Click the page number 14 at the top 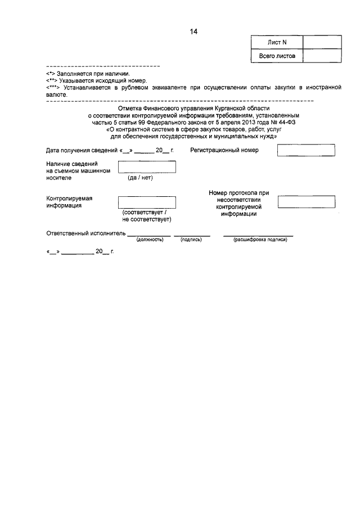(193, 32)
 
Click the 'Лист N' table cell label (276, 42)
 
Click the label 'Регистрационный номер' (224, 151)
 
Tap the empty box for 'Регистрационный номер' (307, 150)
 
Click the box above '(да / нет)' (147, 167)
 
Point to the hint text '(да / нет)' (140, 178)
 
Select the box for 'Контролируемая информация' (147, 202)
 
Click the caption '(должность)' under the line (150, 240)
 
